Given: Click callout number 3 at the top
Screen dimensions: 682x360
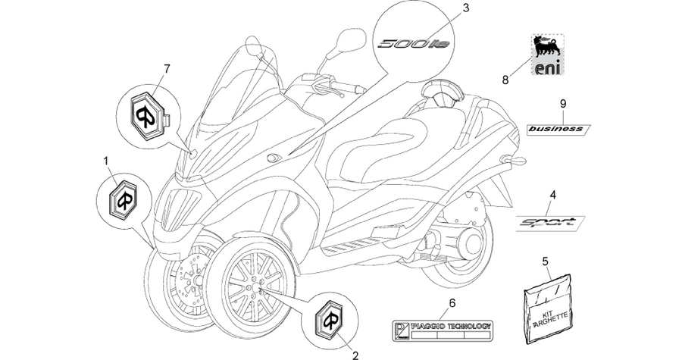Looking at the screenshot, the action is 466,8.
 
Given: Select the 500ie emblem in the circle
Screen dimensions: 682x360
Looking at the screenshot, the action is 414,44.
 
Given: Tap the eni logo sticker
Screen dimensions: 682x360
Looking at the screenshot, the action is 548,55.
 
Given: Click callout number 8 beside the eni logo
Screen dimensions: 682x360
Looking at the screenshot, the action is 505,80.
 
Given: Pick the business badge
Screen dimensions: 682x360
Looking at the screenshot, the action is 558,129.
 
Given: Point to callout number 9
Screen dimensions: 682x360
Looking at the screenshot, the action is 563,104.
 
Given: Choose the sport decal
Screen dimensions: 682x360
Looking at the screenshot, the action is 550,224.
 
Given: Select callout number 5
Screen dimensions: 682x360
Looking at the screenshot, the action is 546,261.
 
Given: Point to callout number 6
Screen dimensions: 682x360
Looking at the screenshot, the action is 452,303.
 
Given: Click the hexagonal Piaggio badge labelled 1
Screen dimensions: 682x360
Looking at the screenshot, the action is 123,199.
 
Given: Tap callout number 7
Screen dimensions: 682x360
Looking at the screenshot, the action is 167,68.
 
